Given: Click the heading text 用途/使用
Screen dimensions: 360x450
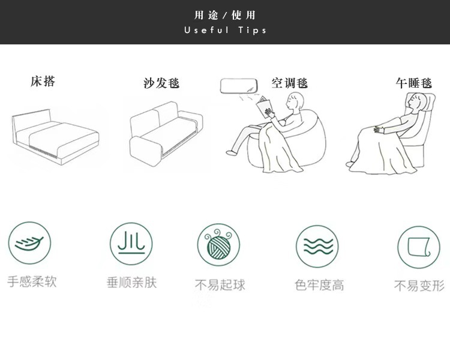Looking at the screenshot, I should (225, 15).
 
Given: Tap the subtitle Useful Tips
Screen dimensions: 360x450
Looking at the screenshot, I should (225, 30).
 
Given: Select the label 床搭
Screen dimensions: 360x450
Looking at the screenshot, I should (43, 81).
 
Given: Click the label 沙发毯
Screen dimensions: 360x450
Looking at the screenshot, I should (161, 83).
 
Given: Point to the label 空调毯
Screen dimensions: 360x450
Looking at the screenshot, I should (289, 83).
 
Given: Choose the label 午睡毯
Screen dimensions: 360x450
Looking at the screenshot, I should (413, 83).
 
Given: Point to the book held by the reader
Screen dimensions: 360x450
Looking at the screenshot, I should (264, 109).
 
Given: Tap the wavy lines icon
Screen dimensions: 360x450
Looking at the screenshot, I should (317, 246).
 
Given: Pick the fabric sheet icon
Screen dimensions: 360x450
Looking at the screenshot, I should (418, 247).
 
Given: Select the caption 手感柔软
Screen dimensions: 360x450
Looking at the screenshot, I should (32, 281).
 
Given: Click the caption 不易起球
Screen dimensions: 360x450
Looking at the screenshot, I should (220, 284).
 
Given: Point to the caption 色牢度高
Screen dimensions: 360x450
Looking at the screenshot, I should (319, 285).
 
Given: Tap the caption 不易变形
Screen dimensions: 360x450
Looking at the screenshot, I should (419, 286).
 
